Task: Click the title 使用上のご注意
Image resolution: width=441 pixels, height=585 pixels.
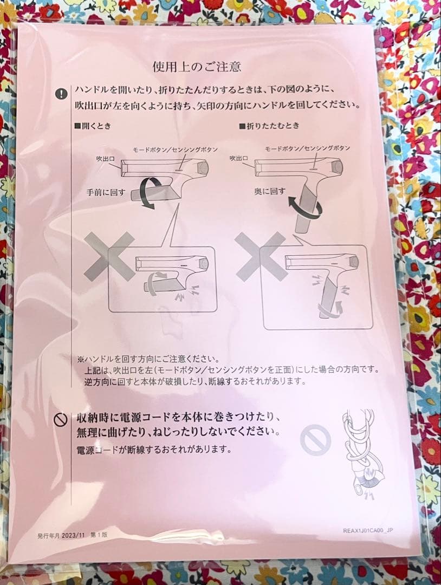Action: point(197,68)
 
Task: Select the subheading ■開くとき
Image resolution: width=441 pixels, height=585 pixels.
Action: point(93,126)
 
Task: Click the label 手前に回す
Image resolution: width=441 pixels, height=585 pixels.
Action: point(105,191)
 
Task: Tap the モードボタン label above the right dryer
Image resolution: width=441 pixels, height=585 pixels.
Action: point(307,148)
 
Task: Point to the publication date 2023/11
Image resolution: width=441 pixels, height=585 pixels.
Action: point(69,536)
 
